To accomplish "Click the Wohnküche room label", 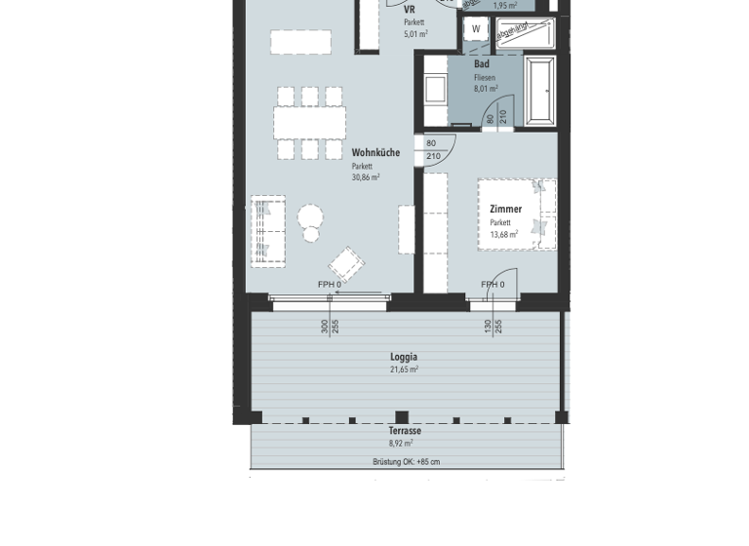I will coord(375,153).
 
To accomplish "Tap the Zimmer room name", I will coord(505,209).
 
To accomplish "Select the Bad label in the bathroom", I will coord(482,64).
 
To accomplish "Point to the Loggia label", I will coord(404,357).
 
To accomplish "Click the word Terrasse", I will coord(405,431).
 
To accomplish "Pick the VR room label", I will coord(410,9).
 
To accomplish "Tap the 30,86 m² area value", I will coord(366,177).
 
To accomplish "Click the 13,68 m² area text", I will coord(504,234).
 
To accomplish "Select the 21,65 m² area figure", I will coord(404,370).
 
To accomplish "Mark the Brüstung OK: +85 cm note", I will coord(406,461).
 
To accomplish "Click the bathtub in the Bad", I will coord(539,91).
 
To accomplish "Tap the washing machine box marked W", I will coord(476,29).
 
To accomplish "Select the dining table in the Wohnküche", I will coord(309,123).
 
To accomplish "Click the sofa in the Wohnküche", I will coord(268,231).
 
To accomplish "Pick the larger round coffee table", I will coord(311,216).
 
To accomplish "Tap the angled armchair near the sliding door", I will coord(346,264).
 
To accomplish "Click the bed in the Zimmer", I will coord(517,214).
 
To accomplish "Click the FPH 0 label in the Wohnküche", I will coord(330,285).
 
